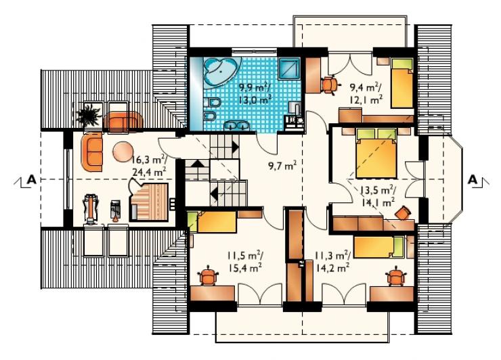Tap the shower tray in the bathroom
click(x=289, y=68)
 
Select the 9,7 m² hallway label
click(x=282, y=166)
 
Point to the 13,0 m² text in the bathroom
click(x=255, y=100)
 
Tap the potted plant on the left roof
click(x=89, y=115)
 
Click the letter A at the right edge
click(x=473, y=180)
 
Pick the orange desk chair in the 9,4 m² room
click(x=330, y=85)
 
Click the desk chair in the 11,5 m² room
click(x=208, y=275)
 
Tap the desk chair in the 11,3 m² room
click(x=396, y=276)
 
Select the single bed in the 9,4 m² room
click(x=402, y=83)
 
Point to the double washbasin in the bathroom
click(x=237, y=126)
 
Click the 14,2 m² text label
click(x=332, y=267)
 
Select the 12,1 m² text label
click(x=366, y=99)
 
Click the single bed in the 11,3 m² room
click(x=378, y=246)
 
